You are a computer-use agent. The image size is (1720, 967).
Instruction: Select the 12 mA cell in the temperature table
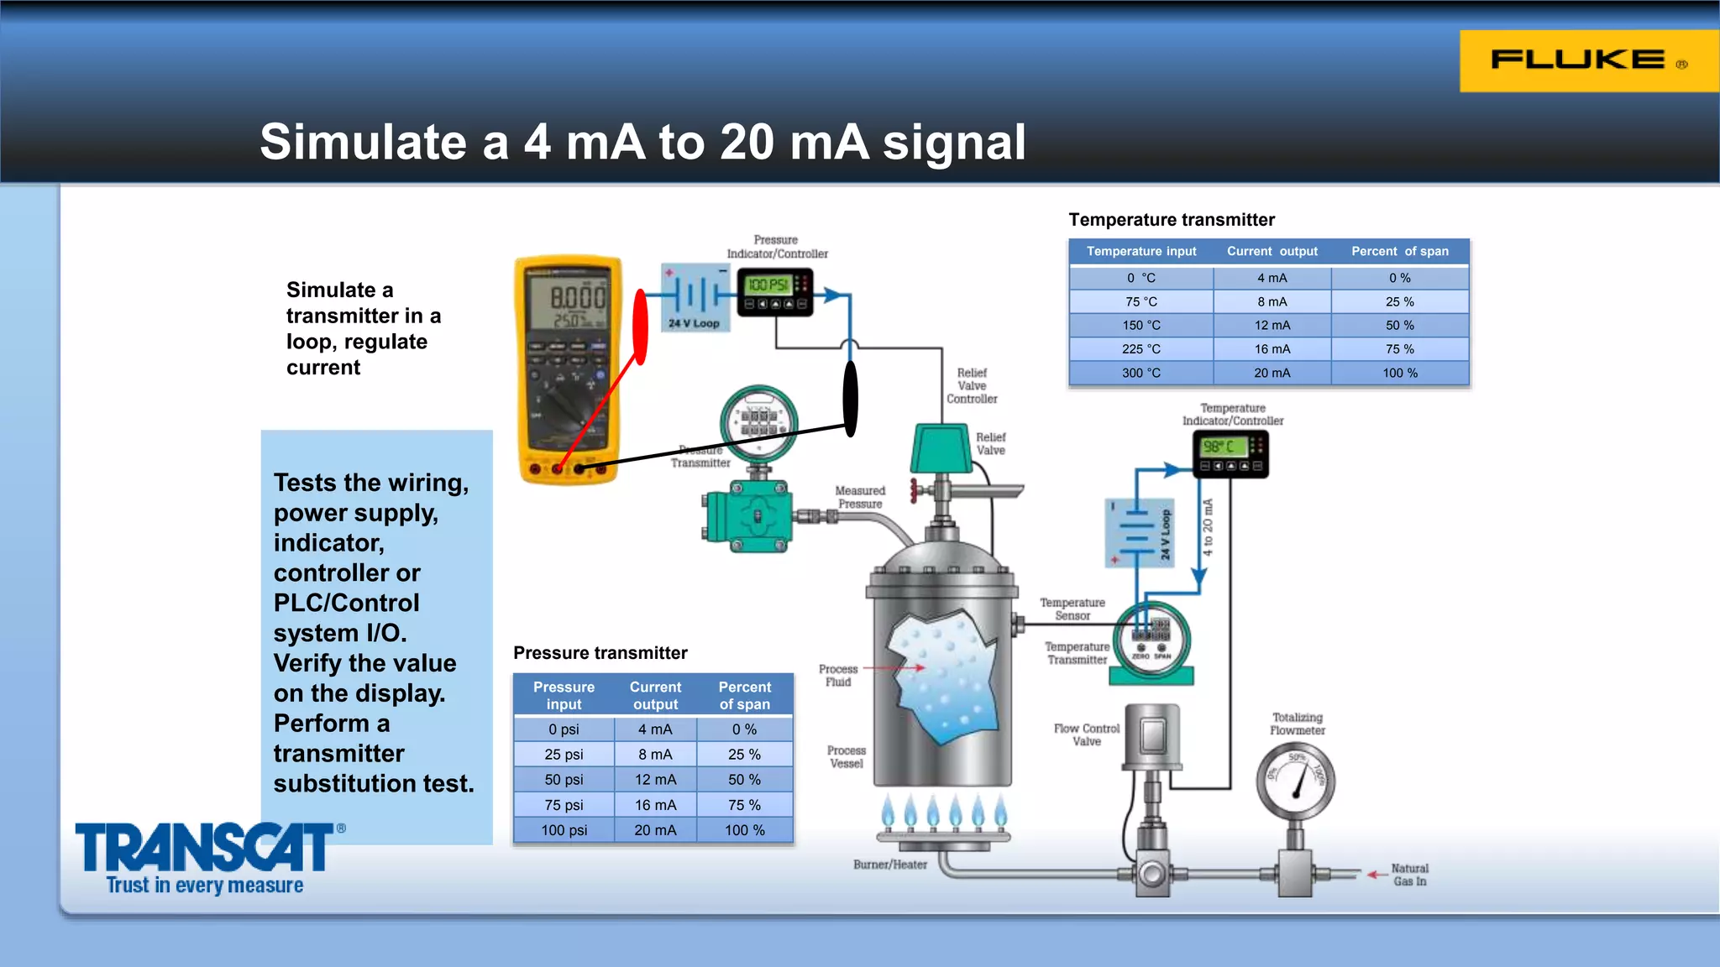(x=1272, y=326)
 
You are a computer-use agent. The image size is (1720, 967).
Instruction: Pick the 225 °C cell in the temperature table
(x=1141, y=349)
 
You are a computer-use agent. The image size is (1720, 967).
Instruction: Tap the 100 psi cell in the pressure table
(x=564, y=830)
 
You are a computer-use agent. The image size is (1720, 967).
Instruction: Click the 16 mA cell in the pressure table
(x=655, y=805)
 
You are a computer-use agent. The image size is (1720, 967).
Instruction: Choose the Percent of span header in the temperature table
(x=1399, y=251)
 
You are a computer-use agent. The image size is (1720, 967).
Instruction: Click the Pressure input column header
(x=564, y=696)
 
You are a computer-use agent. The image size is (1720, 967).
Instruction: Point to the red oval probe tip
(x=640, y=327)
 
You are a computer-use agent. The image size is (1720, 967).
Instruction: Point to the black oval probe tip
(x=850, y=399)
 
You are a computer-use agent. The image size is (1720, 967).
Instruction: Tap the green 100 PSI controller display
(x=768, y=285)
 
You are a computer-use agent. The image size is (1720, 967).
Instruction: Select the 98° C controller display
(x=1223, y=447)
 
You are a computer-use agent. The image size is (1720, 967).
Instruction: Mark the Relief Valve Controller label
(x=972, y=386)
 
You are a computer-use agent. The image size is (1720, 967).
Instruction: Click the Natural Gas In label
(x=1409, y=875)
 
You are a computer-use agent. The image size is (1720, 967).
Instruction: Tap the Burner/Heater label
(x=890, y=865)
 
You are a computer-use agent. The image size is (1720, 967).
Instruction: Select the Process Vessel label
(x=846, y=757)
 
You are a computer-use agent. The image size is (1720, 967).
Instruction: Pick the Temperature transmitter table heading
(x=1171, y=220)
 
